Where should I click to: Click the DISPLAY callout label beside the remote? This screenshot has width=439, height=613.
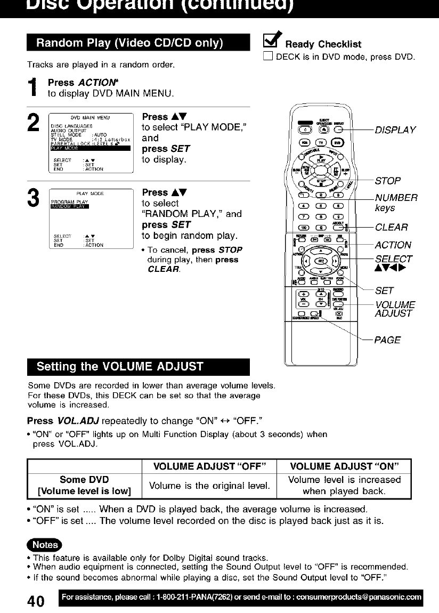[x=395, y=130]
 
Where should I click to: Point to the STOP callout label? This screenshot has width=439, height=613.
[x=387, y=181]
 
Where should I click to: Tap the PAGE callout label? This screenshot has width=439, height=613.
[x=387, y=340]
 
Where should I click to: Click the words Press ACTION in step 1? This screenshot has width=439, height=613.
[x=75, y=83]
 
